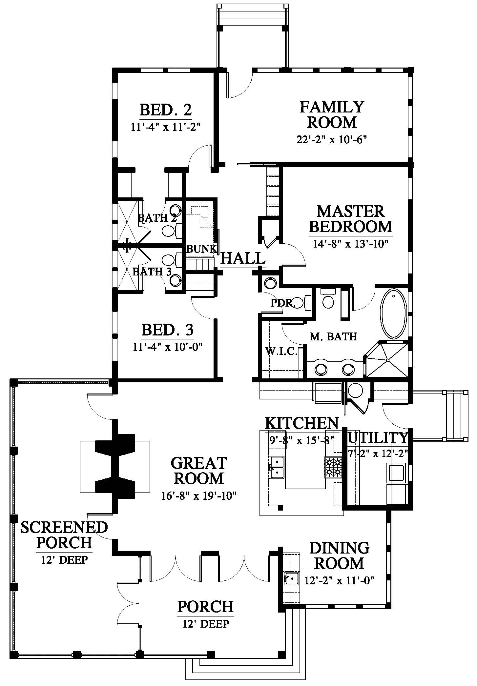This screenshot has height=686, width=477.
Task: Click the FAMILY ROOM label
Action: pyautogui.click(x=332, y=114)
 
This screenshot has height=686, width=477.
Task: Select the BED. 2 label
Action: pyautogui.click(x=166, y=110)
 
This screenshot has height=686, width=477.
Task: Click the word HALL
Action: pyautogui.click(x=243, y=258)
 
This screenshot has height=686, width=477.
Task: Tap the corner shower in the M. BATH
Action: pyautogui.click(x=387, y=360)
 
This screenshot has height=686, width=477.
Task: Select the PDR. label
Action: pyautogui.click(x=283, y=303)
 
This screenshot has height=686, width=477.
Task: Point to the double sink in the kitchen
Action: pyautogui.click(x=276, y=467)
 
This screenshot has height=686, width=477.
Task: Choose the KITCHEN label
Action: pyautogui.click(x=301, y=423)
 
